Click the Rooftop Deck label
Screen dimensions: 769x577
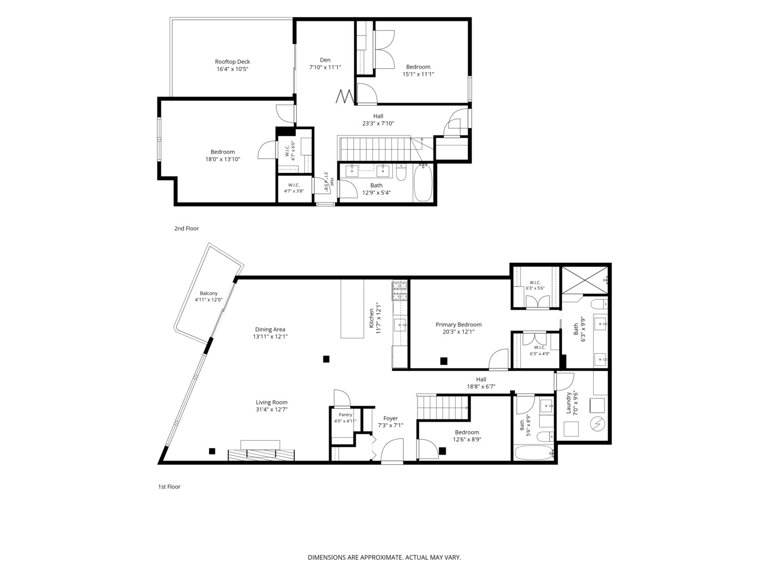click(232, 61)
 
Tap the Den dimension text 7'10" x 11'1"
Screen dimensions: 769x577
click(325, 67)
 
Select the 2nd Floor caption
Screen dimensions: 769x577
click(186, 229)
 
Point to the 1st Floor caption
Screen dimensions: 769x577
click(169, 487)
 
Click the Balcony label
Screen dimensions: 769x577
click(209, 293)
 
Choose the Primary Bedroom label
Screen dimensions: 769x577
click(458, 324)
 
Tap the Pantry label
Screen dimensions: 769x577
click(346, 415)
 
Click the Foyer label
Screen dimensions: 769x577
click(390, 418)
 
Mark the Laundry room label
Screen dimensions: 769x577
click(569, 403)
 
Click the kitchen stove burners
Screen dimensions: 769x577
click(400, 291)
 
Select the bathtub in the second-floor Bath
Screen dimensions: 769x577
click(423, 183)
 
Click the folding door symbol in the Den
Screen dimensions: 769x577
click(345, 97)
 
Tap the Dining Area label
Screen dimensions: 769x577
click(270, 329)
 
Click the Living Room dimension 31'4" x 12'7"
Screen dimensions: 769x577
click(271, 409)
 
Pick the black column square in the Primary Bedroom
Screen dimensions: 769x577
click(444, 361)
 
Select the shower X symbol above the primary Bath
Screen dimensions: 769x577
click(585, 280)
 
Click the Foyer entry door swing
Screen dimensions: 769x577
click(392, 450)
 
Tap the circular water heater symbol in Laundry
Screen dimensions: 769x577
click(598, 424)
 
